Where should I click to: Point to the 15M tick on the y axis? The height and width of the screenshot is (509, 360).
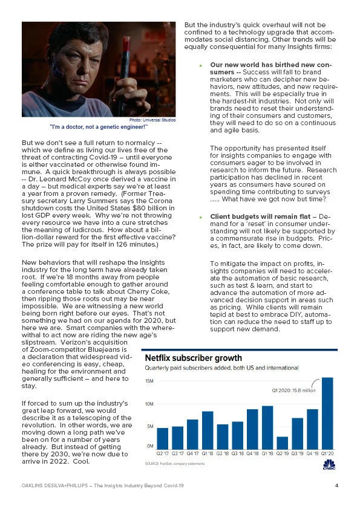tap(149, 381)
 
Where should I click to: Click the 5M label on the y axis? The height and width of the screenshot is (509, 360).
tap(149, 426)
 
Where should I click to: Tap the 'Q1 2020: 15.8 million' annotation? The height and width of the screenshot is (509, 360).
tap(294, 390)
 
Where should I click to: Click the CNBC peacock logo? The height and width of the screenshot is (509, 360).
tap(329, 463)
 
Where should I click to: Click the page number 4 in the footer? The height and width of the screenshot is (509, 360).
tap(336, 485)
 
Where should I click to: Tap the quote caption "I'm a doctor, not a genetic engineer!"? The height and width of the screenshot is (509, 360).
tap(99, 127)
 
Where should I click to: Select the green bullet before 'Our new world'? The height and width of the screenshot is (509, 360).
tap(200, 65)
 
